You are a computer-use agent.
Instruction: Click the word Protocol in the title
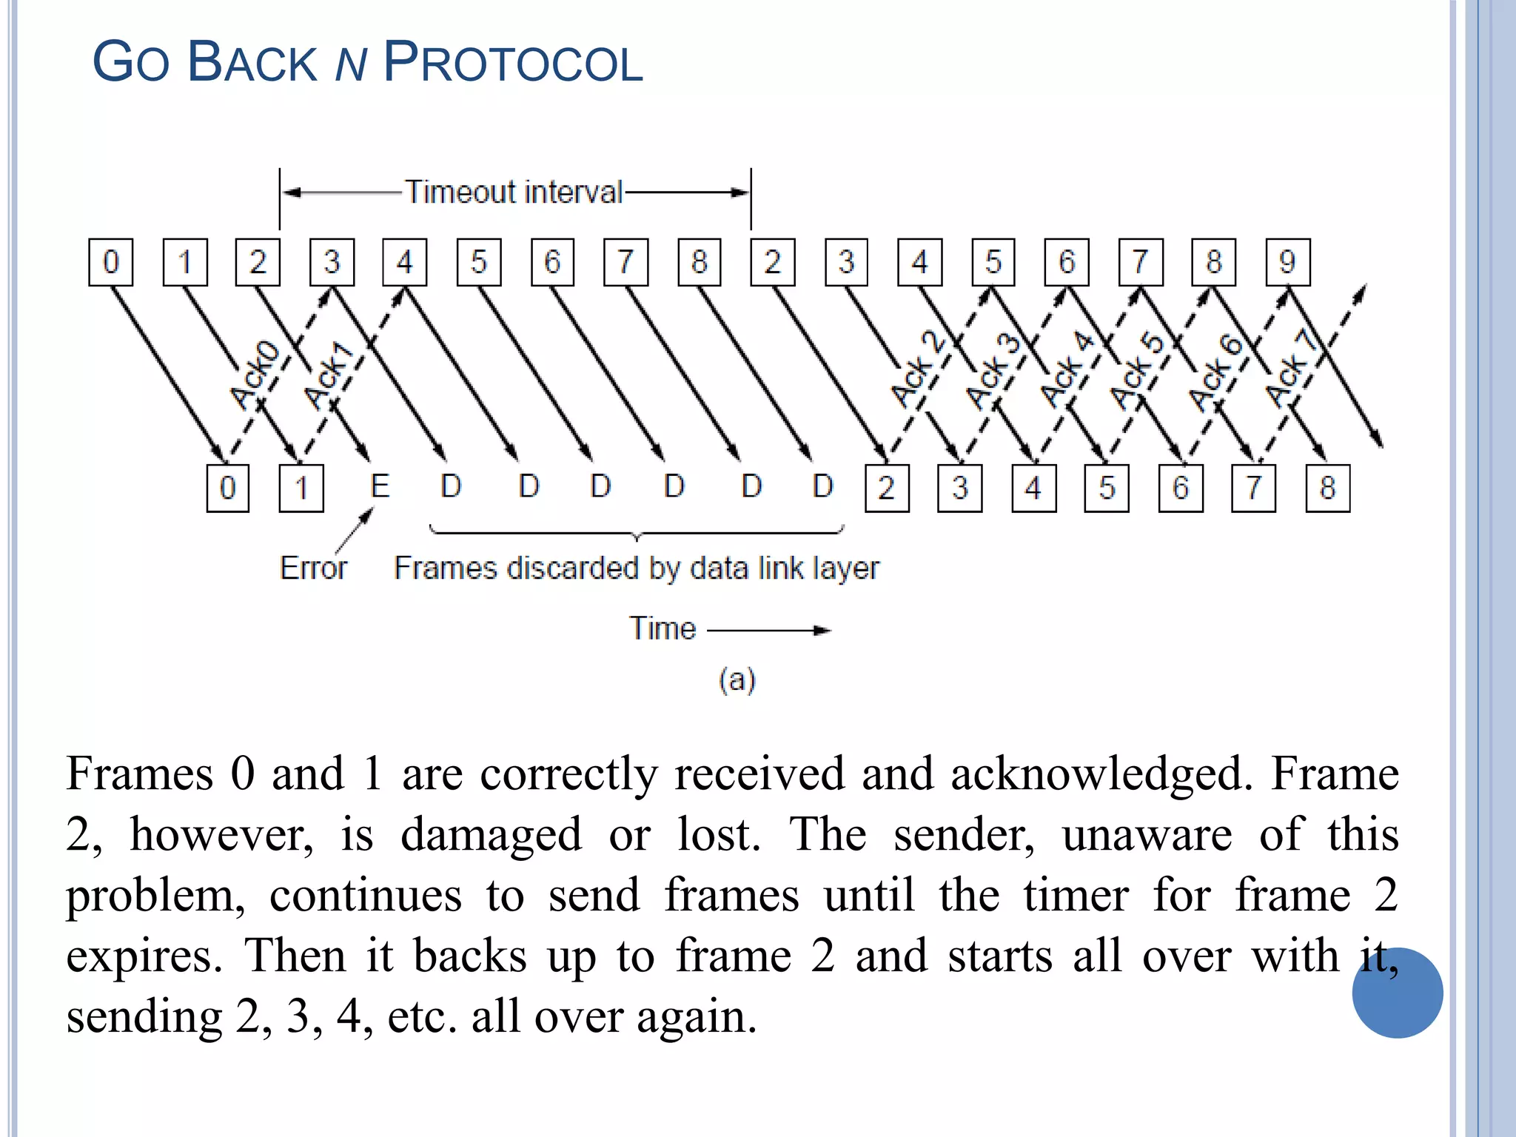[512, 62]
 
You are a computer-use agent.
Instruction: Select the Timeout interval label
[514, 192]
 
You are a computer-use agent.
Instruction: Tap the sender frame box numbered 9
[1287, 262]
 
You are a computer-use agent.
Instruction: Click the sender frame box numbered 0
[110, 262]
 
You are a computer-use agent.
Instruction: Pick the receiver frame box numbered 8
[1327, 488]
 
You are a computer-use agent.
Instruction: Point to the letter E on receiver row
[379, 486]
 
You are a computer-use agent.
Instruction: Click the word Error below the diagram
[313, 568]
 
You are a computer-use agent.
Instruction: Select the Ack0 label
[255, 375]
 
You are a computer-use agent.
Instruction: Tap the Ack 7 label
[1291, 369]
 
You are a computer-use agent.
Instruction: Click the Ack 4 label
[1067, 369]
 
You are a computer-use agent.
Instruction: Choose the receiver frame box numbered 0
[227, 488]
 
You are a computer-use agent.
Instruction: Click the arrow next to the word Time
[769, 630]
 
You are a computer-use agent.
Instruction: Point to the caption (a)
[737, 679]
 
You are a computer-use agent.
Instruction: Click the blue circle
[1397, 993]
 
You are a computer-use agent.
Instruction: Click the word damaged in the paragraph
[491, 834]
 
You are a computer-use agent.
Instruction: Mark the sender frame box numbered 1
[184, 262]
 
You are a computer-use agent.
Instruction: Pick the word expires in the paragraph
[144, 956]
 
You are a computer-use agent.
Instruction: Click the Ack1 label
[329, 376]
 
